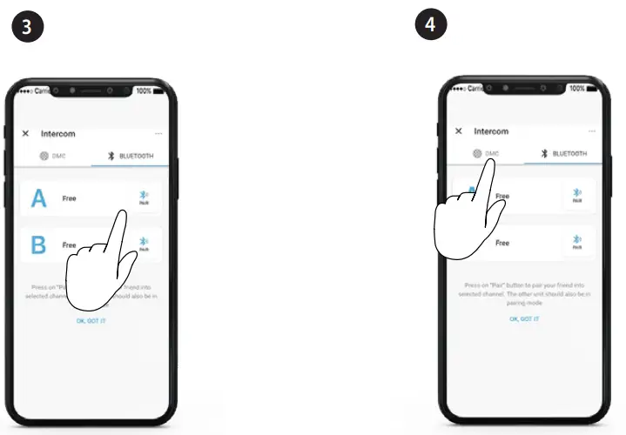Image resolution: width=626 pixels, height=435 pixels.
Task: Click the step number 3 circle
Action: [x=27, y=26]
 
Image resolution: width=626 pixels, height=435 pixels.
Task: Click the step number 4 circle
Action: [x=429, y=25]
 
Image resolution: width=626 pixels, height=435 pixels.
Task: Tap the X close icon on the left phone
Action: [x=25, y=134]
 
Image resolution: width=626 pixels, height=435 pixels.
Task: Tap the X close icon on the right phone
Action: [x=459, y=131]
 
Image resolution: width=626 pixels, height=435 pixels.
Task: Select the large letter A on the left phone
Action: [x=38, y=199]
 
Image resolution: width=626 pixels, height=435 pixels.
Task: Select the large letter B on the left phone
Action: [x=38, y=245]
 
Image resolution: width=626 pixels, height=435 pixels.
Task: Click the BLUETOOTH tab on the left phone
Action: [x=131, y=157]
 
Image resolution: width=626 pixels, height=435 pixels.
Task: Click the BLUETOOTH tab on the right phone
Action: [x=563, y=154]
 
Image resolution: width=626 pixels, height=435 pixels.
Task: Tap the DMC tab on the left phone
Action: [x=54, y=157]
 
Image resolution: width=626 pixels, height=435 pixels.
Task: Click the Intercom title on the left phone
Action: [x=58, y=134]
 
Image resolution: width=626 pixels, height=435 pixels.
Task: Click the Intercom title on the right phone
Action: [x=491, y=131]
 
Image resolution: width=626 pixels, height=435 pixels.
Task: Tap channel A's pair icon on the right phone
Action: [x=577, y=196]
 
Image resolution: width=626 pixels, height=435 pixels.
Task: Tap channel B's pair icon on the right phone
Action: [x=577, y=243]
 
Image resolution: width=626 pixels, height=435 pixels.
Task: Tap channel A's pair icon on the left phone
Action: [x=145, y=197]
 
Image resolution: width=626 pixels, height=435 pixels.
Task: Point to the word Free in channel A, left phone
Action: [x=69, y=199]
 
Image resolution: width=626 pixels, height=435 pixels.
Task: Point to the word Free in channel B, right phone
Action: [x=502, y=244]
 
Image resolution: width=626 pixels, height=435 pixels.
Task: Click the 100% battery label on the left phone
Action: [x=145, y=90]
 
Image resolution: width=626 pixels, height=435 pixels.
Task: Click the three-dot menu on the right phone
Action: [x=591, y=131]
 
